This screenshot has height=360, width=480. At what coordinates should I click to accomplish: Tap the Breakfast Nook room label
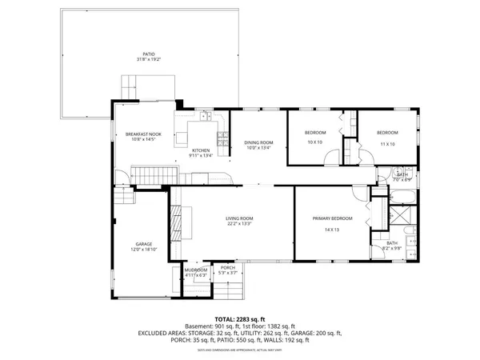click(x=143, y=134)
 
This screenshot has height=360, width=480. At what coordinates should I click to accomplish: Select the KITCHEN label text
click(x=200, y=151)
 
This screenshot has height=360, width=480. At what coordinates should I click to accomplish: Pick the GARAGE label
click(x=144, y=244)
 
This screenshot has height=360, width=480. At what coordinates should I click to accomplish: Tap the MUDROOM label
click(x=196, y=270)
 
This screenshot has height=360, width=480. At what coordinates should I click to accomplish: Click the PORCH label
click(x=228, y=268)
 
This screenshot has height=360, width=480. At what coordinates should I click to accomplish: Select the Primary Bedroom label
click(x=332, y=218)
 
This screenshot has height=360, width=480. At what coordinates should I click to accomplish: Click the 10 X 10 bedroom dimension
click(x=314, y=143)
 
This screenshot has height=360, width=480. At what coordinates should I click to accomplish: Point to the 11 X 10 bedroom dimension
click(x=387, y=144)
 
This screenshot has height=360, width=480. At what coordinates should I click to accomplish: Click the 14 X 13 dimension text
click(x=332, y=230)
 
